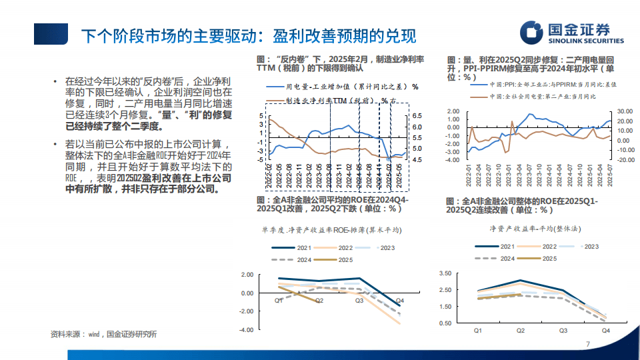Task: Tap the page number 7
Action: click(x=587, y=344)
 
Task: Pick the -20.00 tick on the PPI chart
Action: click(x=625, y=159)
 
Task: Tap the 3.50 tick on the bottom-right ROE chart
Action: click(x=445, y=273)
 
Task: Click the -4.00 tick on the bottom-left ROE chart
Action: click(x=247, y=329)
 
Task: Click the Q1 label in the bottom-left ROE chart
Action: click(x=279, y=301)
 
